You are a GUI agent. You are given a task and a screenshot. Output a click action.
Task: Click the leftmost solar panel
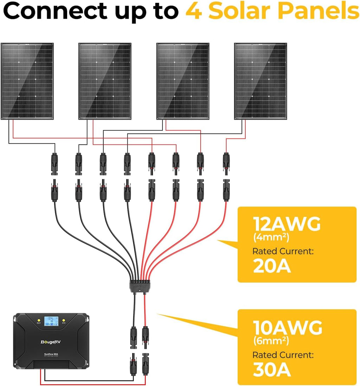(27, 81)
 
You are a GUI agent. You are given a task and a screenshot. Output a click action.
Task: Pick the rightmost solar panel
(261, 81)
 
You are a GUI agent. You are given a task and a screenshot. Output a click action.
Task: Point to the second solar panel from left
(105, 81)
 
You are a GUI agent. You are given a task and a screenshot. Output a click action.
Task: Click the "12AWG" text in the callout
(287, 224)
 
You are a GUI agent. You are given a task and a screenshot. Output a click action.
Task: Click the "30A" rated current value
(272, 370)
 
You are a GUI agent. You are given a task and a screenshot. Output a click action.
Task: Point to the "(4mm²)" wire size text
(271, 238)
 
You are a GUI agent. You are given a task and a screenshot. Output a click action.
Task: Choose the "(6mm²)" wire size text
(271, 340)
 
